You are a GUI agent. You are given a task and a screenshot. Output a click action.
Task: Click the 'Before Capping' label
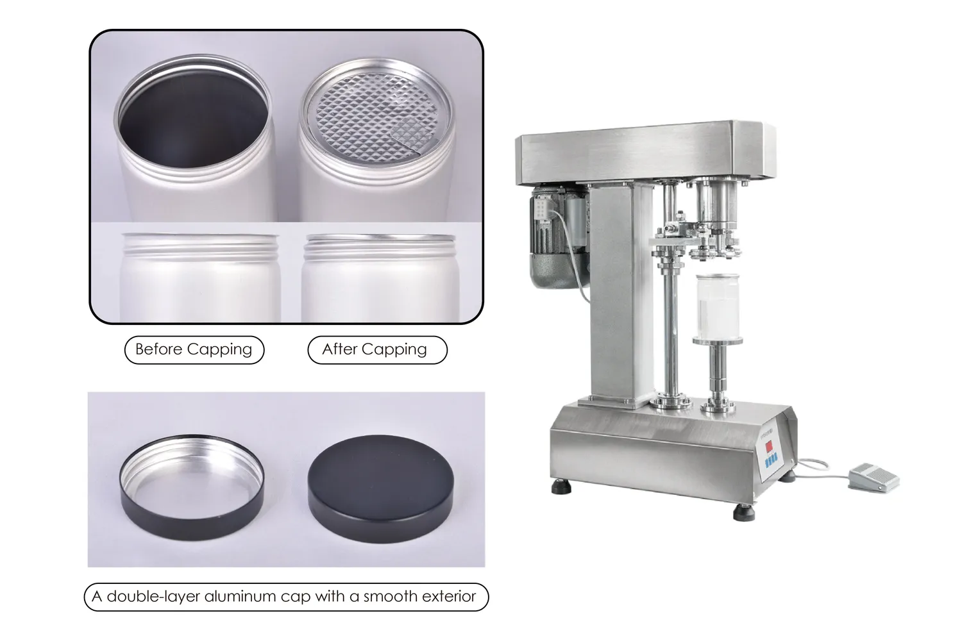coord(194,349)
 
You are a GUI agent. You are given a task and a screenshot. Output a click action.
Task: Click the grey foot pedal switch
coord(873,477)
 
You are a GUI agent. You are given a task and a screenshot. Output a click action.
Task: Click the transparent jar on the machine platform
coord(717,307)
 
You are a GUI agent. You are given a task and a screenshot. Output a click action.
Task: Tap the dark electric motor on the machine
coord(556,236)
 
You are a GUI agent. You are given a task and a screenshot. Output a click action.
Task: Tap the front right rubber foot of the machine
coord(744,513)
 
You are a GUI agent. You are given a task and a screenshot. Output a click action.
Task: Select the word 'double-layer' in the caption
coord(153,596)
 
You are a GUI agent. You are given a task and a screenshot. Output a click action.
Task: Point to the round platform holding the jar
coord(718,341)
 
